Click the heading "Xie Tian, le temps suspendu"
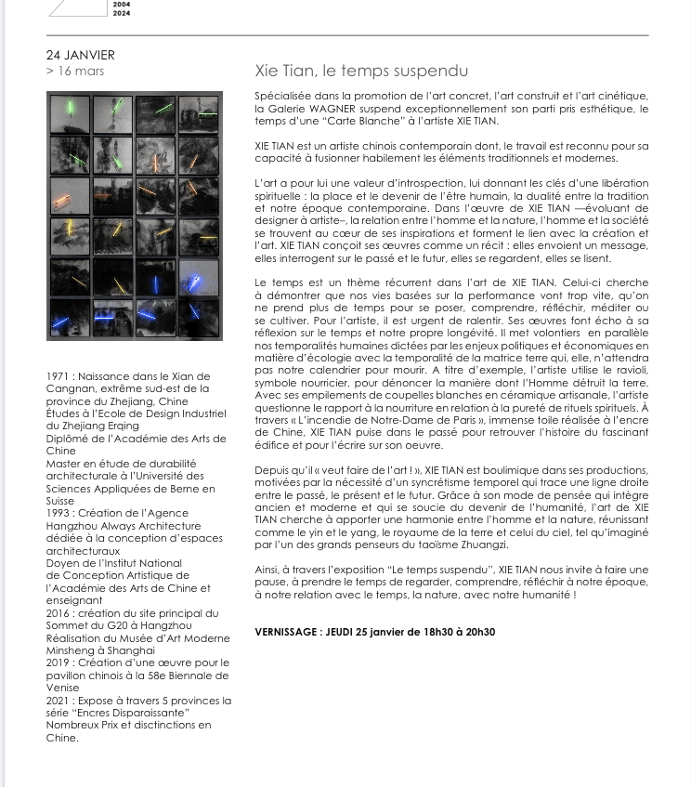point(361,71)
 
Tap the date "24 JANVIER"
point(81,55)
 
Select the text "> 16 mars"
point(75,71)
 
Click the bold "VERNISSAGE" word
point(286,633)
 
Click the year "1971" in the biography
point(59,376)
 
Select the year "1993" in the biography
point(59,513)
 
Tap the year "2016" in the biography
point(59,613)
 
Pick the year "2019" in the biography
point(59,663)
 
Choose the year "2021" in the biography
point(59,701)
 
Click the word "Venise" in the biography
point(63,689)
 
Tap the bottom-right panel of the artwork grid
point(199,316)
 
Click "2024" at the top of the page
point(121,14)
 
